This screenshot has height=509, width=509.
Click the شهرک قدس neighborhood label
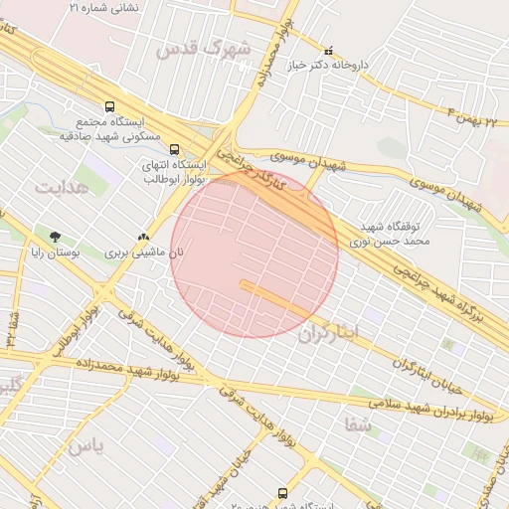coord(212,48)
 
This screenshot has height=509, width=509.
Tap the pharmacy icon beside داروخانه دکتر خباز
coord(329,50)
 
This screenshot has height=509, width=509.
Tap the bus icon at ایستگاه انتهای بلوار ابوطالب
coord(175,149)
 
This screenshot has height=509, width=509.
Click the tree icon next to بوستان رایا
coord(55,236)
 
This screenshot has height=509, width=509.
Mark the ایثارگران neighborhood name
coord(326,333)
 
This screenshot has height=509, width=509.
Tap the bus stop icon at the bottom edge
coord(284,493)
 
